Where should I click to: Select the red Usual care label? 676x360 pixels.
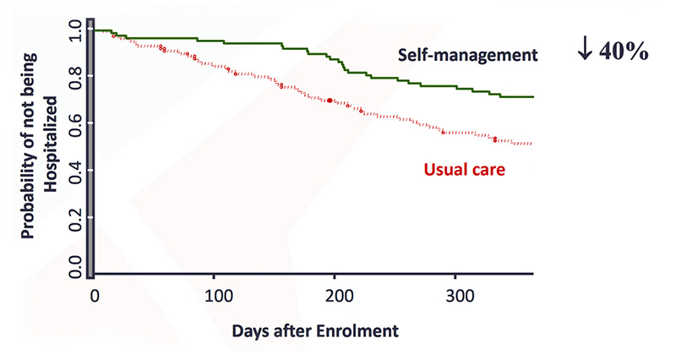click(464, 170)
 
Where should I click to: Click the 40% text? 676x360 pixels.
click(624, 52)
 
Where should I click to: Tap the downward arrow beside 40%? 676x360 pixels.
click(585, 52)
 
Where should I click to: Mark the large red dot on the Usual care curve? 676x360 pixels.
click(330, 101)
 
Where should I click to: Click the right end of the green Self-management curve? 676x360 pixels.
click(532, 97)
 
